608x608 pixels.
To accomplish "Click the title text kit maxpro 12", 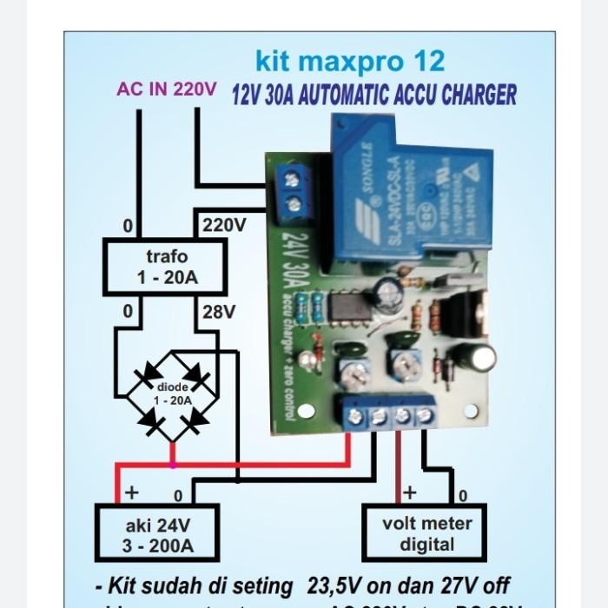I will [349, 62].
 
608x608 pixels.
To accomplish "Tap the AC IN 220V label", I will [167, 89].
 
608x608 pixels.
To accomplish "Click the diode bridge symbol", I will [173, 399].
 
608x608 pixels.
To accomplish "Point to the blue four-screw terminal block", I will [390, 416].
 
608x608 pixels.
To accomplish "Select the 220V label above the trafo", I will [224, 226].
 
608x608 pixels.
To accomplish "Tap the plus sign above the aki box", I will [131, 492].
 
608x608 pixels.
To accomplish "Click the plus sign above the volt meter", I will [409, 492].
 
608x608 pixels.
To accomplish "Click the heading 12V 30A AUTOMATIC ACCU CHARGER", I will [373, 95].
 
